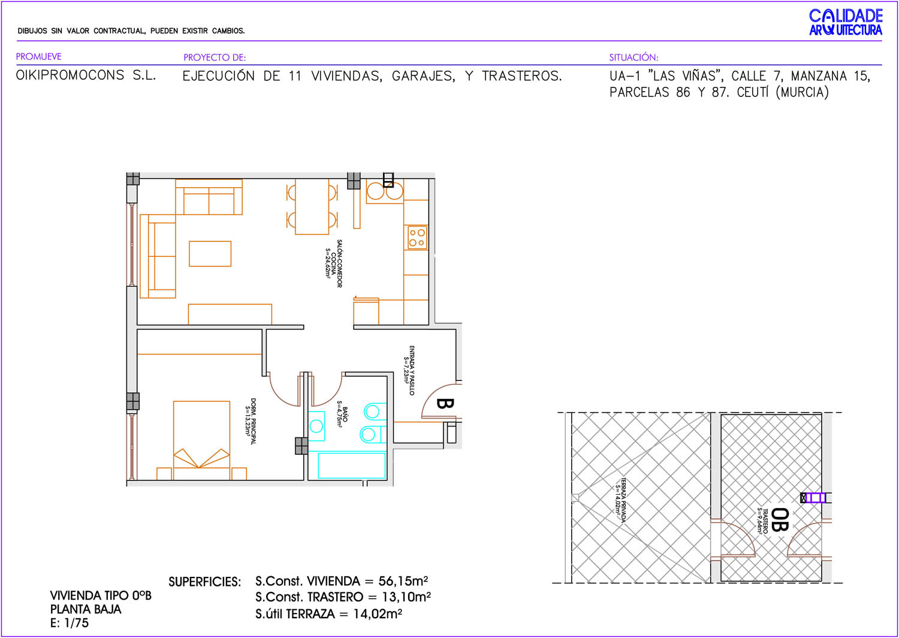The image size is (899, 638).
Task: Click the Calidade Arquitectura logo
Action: (x=846, y=22)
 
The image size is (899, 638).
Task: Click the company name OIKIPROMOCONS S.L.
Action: (x=86, y=75)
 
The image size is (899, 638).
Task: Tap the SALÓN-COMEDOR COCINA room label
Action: (x=334, y=263)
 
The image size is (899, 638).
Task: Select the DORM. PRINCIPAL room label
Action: (x=251, y=421)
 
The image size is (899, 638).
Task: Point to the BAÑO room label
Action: (x=342, y=414)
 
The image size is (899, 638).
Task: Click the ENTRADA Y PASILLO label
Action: (x=409, y=370)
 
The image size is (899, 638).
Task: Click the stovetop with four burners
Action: (x=417, y=238)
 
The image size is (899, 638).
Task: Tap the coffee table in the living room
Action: (x=210, y=253)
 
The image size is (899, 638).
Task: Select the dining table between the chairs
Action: (x=312, y=207)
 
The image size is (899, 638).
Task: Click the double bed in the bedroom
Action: (x=201, y=440)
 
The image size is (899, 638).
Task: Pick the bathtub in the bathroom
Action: (x=352, y=465)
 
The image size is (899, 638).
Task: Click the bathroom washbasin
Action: (x=316, y=426)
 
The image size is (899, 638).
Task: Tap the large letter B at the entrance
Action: (x=445, y=403)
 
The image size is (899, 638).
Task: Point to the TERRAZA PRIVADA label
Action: (x=621, y=500)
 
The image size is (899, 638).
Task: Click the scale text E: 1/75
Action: (x=69, y=623)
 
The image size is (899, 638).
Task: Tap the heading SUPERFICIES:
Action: (x=205, y=582)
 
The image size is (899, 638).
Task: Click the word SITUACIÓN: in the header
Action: (x=633, y=58)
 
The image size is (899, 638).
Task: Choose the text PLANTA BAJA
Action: (x=86, y=609)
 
